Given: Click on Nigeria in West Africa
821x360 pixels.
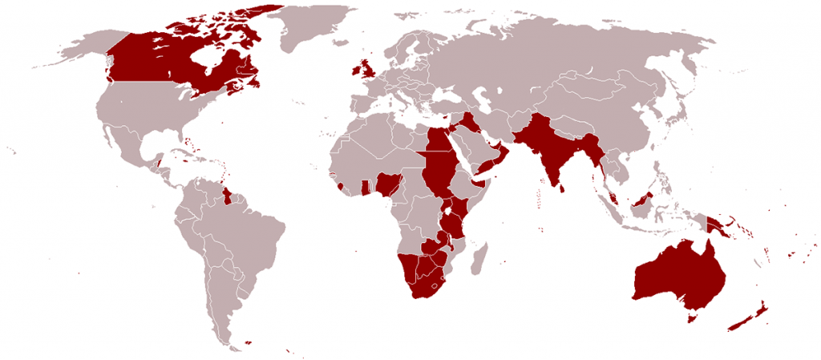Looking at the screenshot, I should pyautogui.click(x=390, y=185).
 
